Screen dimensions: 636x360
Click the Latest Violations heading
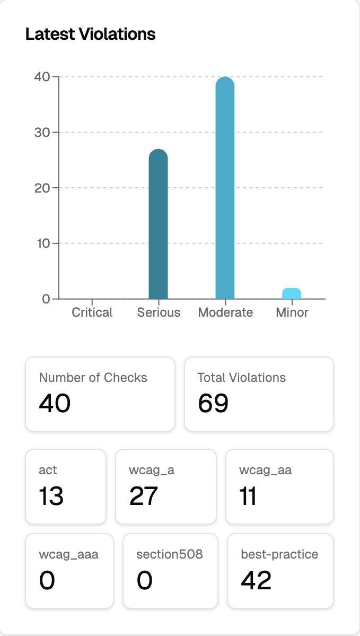click(x=90, y=34)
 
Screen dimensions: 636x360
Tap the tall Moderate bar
click(x=225, y=188)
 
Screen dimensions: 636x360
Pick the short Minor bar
click(x=292, y=293)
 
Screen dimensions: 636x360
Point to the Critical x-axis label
click(x=92, y=312)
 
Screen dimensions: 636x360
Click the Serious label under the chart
click(x=159, y=312)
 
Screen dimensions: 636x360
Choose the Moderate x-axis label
click(x=225, y=312)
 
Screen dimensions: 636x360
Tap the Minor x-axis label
click(x=292, y=312)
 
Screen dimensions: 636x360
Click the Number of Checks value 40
click(x=55, y=404)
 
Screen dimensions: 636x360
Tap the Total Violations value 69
click(x=213, y=404)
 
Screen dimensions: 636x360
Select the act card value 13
click(x=51, y=496)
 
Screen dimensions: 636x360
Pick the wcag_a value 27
click(x=144, y=496)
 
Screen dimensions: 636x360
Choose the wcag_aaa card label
click(x=68, y=555)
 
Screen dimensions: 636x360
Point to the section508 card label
click(x=170, y=555)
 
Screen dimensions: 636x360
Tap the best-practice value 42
click(x=256, y=581)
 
